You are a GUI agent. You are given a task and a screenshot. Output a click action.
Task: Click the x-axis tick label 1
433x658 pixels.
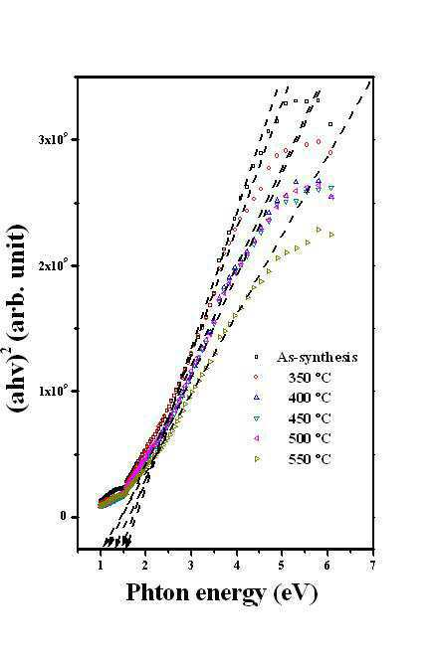(101, 566)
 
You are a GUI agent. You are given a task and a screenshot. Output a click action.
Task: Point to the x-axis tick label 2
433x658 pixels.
(145, 566)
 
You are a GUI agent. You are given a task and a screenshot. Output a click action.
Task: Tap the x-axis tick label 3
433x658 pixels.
(191, 566)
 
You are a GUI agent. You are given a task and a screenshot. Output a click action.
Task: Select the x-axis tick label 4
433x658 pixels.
(237, 566)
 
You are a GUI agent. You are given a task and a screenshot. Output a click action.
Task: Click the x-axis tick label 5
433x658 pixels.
(282, 566)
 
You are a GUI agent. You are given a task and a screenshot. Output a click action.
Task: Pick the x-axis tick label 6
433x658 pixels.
(327, 566)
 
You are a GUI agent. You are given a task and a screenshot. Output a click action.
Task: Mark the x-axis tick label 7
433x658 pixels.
(372, 566)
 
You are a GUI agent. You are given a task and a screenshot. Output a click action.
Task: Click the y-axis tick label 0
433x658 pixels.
(64, 516)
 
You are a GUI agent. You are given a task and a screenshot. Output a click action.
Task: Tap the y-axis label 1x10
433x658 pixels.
(53, 391)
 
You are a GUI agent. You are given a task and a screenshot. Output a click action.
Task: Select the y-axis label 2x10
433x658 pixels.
(53, 265)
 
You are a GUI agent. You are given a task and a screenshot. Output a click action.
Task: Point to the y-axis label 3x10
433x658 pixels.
(53, 139)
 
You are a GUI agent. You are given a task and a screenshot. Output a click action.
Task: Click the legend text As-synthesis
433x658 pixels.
(318, 357)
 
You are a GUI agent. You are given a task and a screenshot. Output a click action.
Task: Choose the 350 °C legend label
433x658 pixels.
(310, 378)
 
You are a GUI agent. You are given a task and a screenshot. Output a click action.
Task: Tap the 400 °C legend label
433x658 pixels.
(310, 398)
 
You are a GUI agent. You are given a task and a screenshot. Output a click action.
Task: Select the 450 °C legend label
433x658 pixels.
(310, 418)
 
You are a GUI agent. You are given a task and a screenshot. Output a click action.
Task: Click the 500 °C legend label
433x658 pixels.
(310, 438)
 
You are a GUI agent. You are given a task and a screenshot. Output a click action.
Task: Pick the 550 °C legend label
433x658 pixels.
(310, 458)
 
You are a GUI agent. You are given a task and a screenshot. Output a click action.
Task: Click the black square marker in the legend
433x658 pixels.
(257, 357)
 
